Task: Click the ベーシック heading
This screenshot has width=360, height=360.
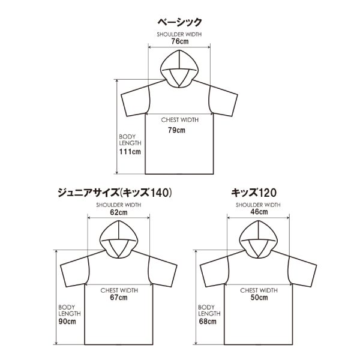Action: click(x=179, y=23)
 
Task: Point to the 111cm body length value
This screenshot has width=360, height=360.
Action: click(x=130, y=152)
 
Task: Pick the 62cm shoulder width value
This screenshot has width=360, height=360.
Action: click(x=119, y=212)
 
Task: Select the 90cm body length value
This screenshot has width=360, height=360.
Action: click(x=67, y=322)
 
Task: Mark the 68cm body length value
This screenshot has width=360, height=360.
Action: click(x=207, y=322)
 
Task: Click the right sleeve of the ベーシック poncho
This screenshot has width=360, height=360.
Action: click(x=223, y=102)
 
